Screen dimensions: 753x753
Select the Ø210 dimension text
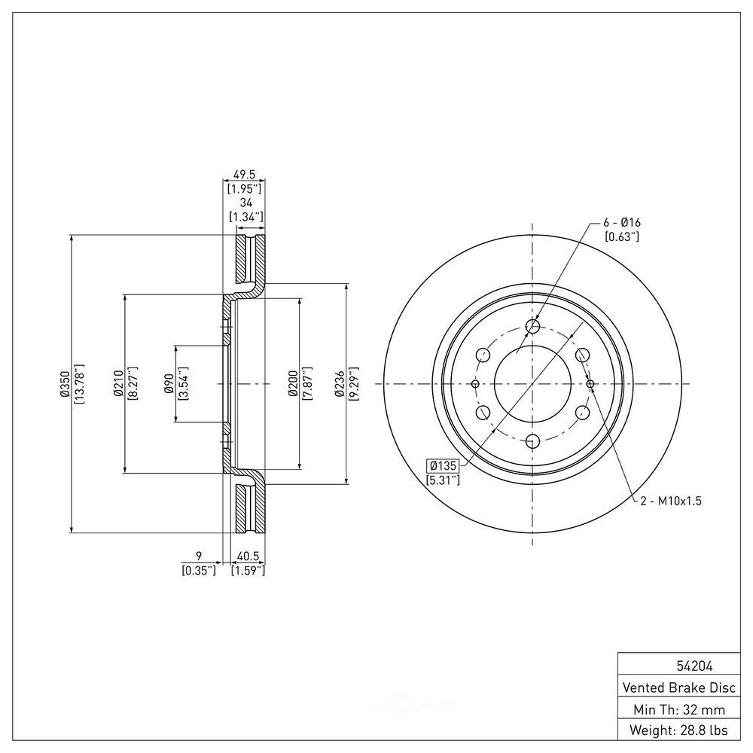click(118, 383)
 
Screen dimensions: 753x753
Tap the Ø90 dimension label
click(169, 383)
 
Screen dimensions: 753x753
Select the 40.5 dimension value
click(248, 557)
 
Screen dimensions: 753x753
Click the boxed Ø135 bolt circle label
click(443, 465)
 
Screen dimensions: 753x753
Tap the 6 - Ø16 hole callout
click(621, 223)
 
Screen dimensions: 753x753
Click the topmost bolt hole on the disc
click(533, 325)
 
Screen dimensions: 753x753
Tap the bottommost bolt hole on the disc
click(533, 442)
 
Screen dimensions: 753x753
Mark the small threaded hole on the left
click(475, 384)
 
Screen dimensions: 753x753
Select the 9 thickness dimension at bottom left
click(199, 557)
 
